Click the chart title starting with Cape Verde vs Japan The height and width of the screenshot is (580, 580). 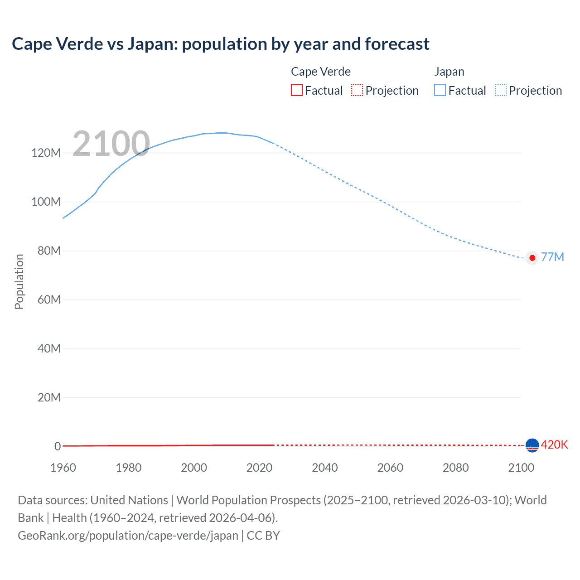[220, 44]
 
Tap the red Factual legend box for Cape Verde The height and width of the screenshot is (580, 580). [296, 90]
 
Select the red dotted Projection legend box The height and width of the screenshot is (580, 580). [357, 90]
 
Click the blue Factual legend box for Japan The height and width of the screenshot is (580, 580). [440, 90]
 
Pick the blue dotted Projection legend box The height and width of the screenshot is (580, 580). [501, 90]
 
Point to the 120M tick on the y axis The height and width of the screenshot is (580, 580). [46, 153]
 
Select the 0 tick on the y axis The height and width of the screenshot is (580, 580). [58, 446]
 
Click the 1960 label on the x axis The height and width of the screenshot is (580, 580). [63, 468]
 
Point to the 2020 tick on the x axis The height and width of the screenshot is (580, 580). [259, 468]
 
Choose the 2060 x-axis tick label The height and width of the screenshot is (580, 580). [390, 468]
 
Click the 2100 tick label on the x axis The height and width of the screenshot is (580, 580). [521, 468]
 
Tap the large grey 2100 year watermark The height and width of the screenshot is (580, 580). [111, 144]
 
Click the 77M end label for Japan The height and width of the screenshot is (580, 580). [552, 257]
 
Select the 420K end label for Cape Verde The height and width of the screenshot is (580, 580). [554, 445]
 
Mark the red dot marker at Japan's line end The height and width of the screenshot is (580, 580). [532, 258]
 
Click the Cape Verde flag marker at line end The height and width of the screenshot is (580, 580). [532, 445]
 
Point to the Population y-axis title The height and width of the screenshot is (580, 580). [19, 281]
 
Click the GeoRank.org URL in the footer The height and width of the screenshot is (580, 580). [128, 536]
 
